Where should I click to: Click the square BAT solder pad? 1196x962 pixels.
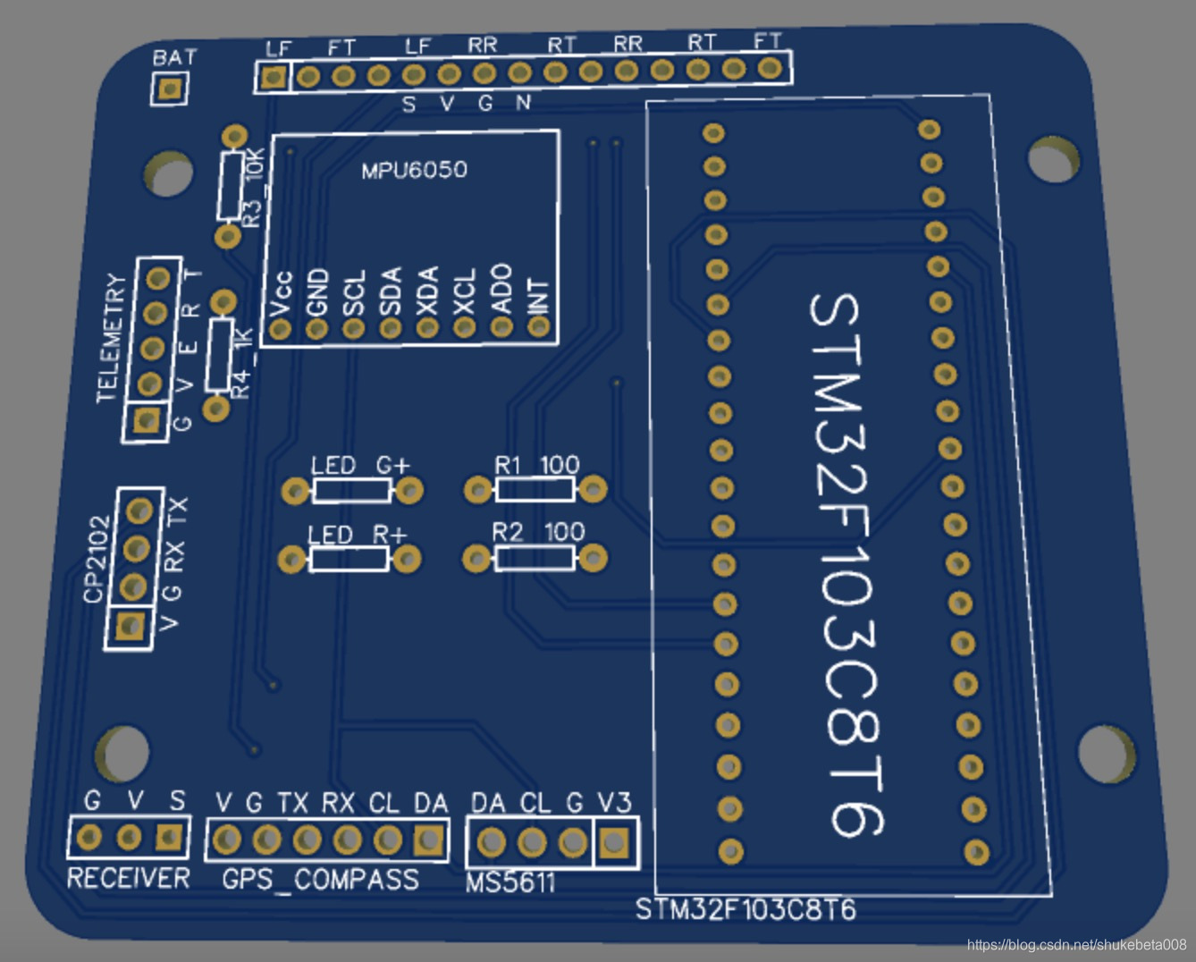click(169, 89)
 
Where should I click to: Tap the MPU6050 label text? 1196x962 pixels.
click(414, 170)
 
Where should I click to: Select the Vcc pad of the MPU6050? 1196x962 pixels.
click(280, 329)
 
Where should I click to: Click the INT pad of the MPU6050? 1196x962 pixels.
click(538, 326)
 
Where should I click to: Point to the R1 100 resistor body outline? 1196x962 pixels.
click(535, 489)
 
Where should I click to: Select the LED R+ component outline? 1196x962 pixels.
click(349, 560)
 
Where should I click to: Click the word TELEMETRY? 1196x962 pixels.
click(111, 338)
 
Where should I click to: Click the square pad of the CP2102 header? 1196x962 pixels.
click(131, 626)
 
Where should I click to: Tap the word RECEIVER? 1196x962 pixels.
click(129, 879)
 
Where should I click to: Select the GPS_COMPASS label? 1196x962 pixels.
click(320, 880)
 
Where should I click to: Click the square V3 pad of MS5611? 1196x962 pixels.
click(613, 842)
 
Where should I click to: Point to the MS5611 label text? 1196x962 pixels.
click(510, 883)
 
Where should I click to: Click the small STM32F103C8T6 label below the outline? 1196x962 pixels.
click(745, 910)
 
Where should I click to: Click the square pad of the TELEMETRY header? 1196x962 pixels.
click(146, 419)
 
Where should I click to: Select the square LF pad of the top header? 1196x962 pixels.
click(273, 77)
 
